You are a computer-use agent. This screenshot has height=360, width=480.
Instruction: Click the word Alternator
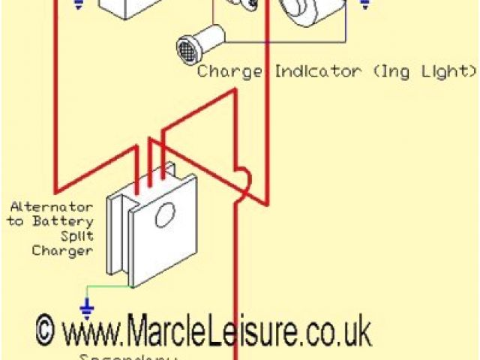tap(52, 206)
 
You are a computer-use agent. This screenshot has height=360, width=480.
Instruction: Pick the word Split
tap(77, 236)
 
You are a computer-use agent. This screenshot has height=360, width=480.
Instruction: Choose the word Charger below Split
tap(62, 251)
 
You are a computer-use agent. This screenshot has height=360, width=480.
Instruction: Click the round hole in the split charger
tap(164, 216)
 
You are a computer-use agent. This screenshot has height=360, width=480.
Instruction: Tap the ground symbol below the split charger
tap(87, 307)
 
